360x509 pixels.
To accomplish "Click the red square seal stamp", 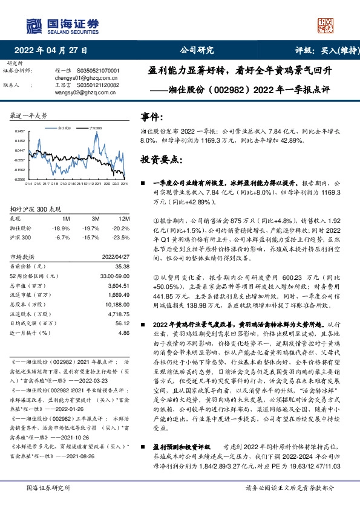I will click(326, 26).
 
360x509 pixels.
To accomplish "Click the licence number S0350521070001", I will click(99, 71).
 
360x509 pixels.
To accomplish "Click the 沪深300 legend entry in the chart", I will click(94, 129).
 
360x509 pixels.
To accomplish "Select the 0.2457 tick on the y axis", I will click(19, 131).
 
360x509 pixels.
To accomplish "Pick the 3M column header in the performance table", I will click(96, 218).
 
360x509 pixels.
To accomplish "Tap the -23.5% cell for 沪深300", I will click(121, 238).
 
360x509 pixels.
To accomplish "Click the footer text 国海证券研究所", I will click(48, 487).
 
